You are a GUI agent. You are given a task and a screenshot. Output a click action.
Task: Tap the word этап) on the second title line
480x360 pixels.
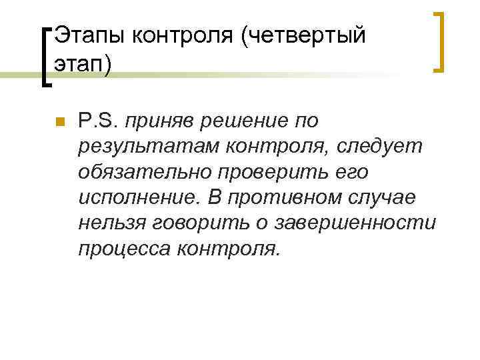pyautogui.click(x=84, y=66)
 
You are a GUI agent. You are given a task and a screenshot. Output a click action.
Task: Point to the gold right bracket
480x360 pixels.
pyautogui.click(x=439, y=41)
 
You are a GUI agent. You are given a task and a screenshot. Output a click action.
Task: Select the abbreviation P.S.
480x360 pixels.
pyautogui.click(x=97, y=121)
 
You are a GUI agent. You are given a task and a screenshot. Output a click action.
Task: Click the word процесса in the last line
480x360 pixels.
pyautogui.click(x=125, y=248)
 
